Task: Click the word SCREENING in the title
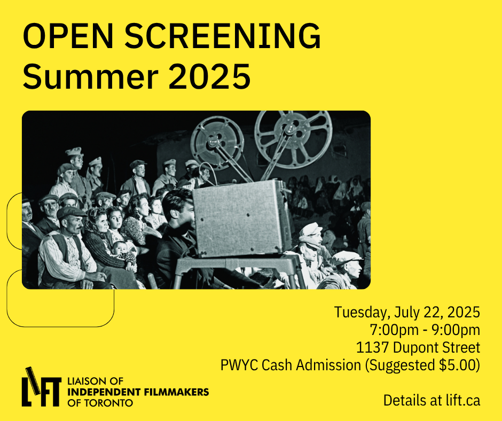[x=223, y=36]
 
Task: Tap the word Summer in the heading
[x=90, y=76]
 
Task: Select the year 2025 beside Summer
[x=209, y=76]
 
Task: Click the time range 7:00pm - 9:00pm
[x=425, y=330]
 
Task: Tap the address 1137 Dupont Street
[x=418, y=347]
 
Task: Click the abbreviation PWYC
[x=239, y=365]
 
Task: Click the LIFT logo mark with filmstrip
[x=41, y=387]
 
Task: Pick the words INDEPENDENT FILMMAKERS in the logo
[x=138, y=392]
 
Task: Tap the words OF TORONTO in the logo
[x=100, y=402]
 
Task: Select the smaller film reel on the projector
[x=216, y=142]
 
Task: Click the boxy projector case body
[x=241, y=218]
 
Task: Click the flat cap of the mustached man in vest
[x=71, y=212]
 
